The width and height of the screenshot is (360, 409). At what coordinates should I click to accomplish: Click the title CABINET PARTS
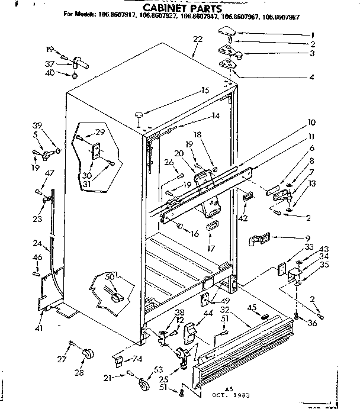tap(182, 9)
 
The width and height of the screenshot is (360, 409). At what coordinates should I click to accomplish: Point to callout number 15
tap(205, 91)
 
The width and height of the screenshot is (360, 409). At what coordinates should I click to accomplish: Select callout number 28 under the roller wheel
tap(79, 372)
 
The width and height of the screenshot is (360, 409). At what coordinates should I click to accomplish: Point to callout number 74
tap(137, 358)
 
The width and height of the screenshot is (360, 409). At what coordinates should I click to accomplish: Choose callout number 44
tap(208, 313)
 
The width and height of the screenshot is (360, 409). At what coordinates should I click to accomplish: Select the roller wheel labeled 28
tap(89, 353)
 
